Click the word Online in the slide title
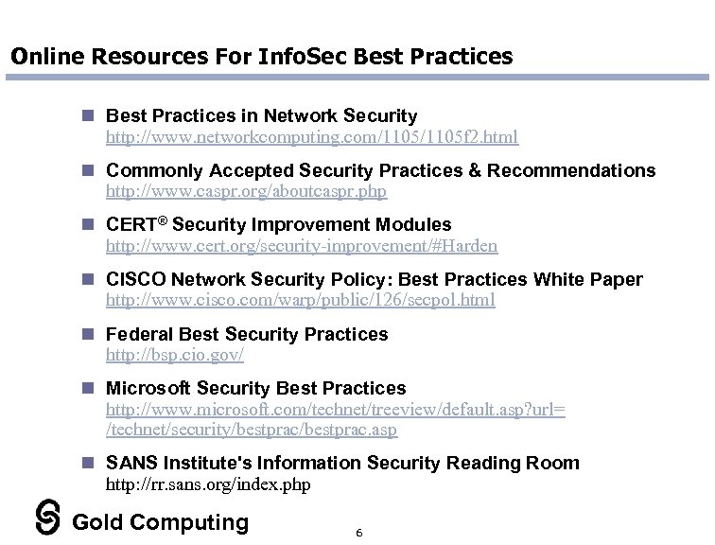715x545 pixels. tap(44, 56)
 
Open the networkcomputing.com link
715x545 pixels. tap(311, 137)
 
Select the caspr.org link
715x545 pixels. tap(246, 191)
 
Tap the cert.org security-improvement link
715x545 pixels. tap(301, 246)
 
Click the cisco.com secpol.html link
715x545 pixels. tap(300, 300)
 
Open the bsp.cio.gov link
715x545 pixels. tap(175, 355)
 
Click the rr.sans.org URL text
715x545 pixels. tap(208, 484)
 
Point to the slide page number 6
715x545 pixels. tap(359, 533)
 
